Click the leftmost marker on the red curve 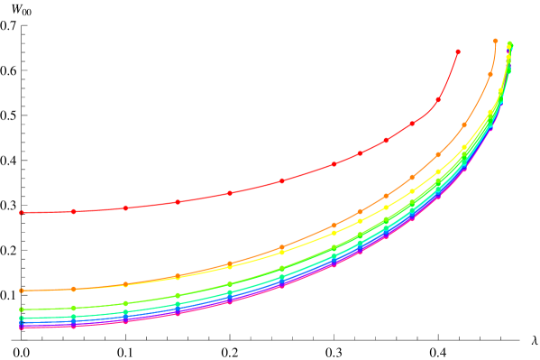[21, 213]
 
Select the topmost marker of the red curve [458, 52]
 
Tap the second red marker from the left [73, 211]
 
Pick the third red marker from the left [125, 208]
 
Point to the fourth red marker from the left [178, 201]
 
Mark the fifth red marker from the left [230, 193]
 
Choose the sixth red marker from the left [282, 181]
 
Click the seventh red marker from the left [334, 164]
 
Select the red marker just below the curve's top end [438, 99]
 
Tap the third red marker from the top [412, 124]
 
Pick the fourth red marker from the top [386, 141]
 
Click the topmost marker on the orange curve [496, 41]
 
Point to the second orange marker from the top [490, 74]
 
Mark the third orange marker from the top [464, 125]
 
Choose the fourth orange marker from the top [438, 154]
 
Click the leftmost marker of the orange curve [21, 291]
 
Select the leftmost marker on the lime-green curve [21, 309]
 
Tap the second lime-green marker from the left [73, 308]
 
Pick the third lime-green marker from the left [125, 303]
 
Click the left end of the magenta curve [21, 327]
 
